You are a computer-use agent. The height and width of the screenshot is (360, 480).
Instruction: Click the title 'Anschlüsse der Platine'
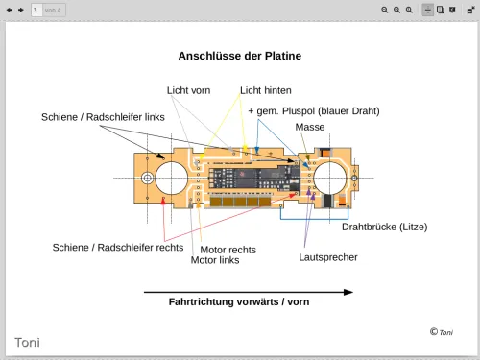pos(240,56)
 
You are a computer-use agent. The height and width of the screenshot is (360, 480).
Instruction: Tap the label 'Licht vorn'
pos(188,90)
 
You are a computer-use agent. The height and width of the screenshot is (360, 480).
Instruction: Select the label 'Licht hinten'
pos(266,90)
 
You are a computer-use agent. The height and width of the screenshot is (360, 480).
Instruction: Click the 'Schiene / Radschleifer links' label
pos(103,117)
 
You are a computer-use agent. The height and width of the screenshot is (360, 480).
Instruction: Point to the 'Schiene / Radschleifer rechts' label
pos(118,247)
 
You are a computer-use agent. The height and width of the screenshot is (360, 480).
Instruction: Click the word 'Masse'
pos(310,127)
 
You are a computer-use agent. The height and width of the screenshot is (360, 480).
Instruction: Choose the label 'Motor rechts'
pos(228,250)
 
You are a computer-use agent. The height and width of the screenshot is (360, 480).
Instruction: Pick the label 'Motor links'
pos(215,260)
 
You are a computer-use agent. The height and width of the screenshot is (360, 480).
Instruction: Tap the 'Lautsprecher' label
pos(328,257)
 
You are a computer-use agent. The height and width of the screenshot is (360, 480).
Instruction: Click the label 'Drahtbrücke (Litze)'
pos(385,227)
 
